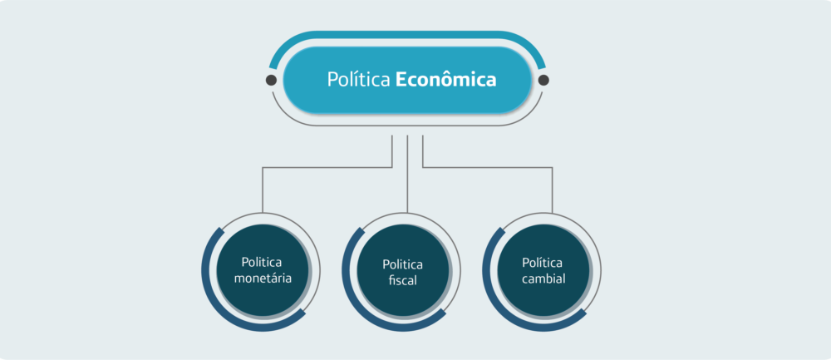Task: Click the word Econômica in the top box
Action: (x=445, y=81)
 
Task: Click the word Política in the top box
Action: (x=358, y=81)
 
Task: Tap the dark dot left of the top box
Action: (x=271, y=81)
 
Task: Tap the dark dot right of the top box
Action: (x=543, y=81)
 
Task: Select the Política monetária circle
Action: (x=263, y=270)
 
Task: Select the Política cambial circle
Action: (x=543, y=270)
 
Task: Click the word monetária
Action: (x=263, y=279)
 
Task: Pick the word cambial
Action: (x=543, y=279)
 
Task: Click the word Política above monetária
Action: (x=263, y=262)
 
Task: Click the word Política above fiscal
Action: (x=403, y=264)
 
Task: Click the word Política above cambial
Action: (x=543, y=262)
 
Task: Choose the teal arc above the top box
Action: (x=407, y=35)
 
